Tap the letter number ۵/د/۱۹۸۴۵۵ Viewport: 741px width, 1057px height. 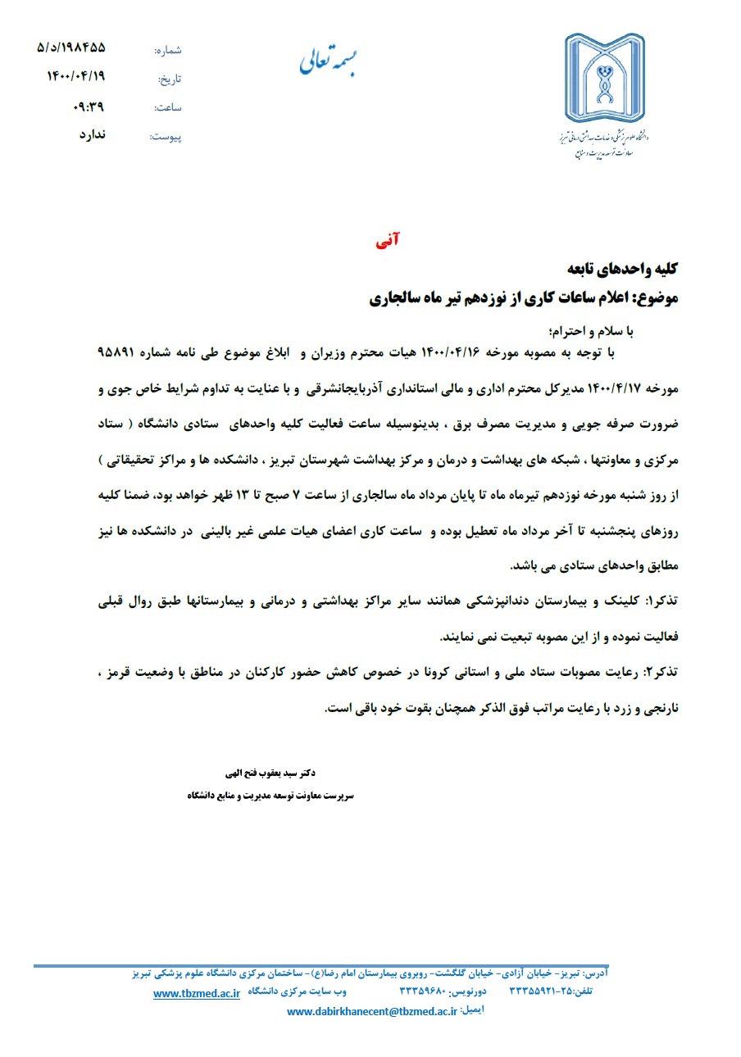tap(71, 48)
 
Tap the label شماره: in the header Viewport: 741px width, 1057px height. tap(167, 51)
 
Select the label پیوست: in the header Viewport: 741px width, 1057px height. tap(166, 137)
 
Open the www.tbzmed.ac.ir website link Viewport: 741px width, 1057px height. tap(197, 993)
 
